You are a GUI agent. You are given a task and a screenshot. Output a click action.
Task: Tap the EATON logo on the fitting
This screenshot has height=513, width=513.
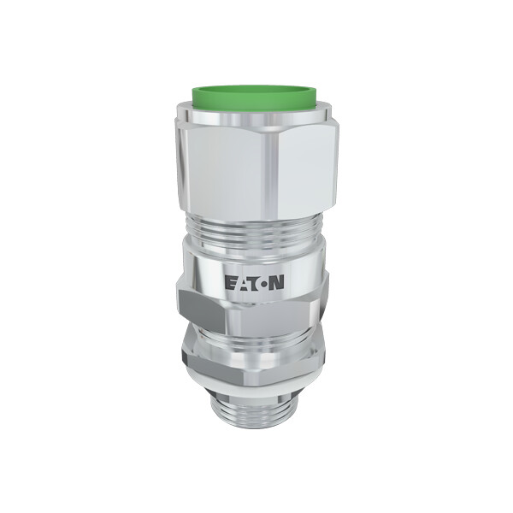coord(254,282)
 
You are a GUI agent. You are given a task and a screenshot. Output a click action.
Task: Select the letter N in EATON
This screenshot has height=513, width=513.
coord(277,282)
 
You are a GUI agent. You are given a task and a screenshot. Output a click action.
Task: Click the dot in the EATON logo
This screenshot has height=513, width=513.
coord(263,283)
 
